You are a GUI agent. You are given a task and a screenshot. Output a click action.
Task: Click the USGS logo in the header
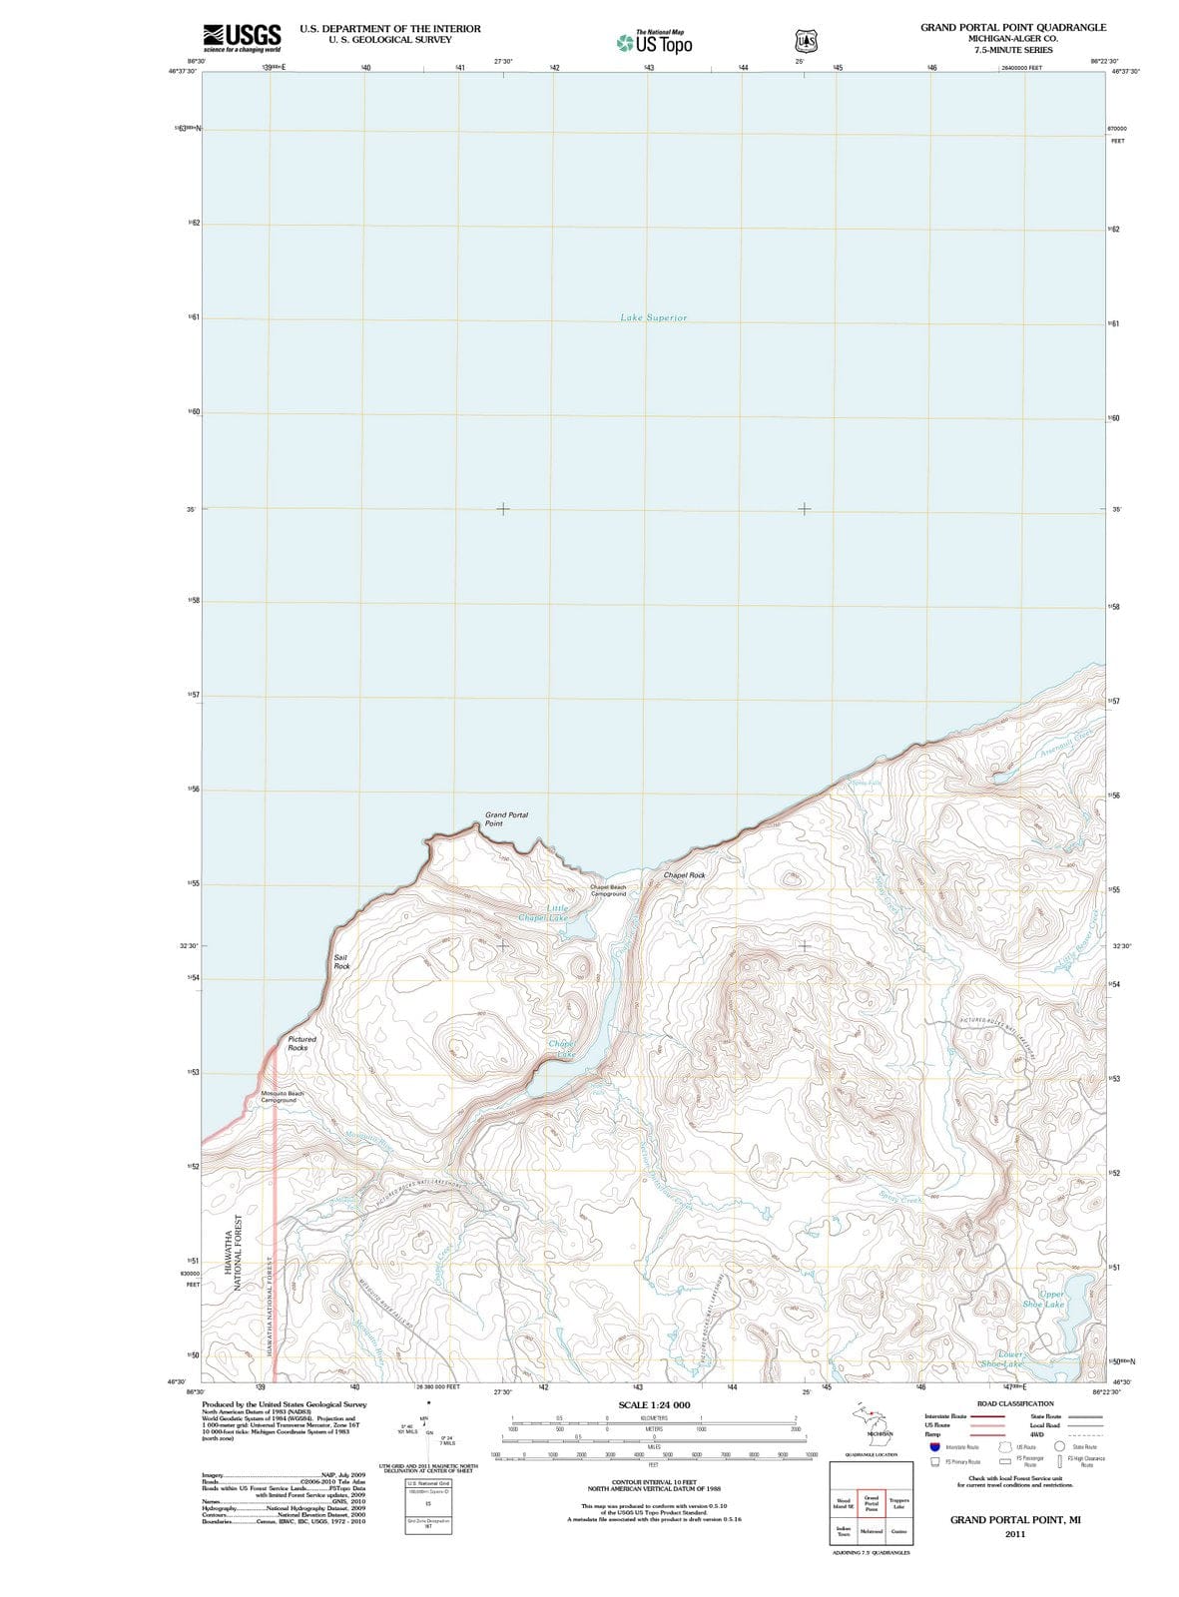(242, 38)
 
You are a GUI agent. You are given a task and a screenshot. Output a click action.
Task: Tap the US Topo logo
(654, 42)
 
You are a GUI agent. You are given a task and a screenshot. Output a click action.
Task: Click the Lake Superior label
(653, 317)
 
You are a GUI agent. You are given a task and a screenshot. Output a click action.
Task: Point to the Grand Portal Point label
(506, 819)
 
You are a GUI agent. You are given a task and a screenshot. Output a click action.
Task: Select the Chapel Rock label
(684, 875)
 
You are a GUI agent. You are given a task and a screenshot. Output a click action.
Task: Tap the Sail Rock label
(341, 962)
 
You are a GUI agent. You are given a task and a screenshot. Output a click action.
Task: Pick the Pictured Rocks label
(301, 1043)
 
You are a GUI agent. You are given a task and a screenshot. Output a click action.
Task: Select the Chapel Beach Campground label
(608, 890)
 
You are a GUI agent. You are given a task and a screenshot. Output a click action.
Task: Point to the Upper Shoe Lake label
(1044, 1299)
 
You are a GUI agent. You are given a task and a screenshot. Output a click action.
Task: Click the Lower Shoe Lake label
(1002, 1358)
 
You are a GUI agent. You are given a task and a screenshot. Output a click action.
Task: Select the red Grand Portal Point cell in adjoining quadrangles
(871, 1504)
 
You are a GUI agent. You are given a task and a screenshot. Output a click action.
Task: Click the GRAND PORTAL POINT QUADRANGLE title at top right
(1012, 27)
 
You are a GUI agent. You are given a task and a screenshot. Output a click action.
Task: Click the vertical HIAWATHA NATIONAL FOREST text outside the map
(239, 1253)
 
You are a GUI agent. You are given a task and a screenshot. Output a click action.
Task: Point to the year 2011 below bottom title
(1015, 1533)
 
